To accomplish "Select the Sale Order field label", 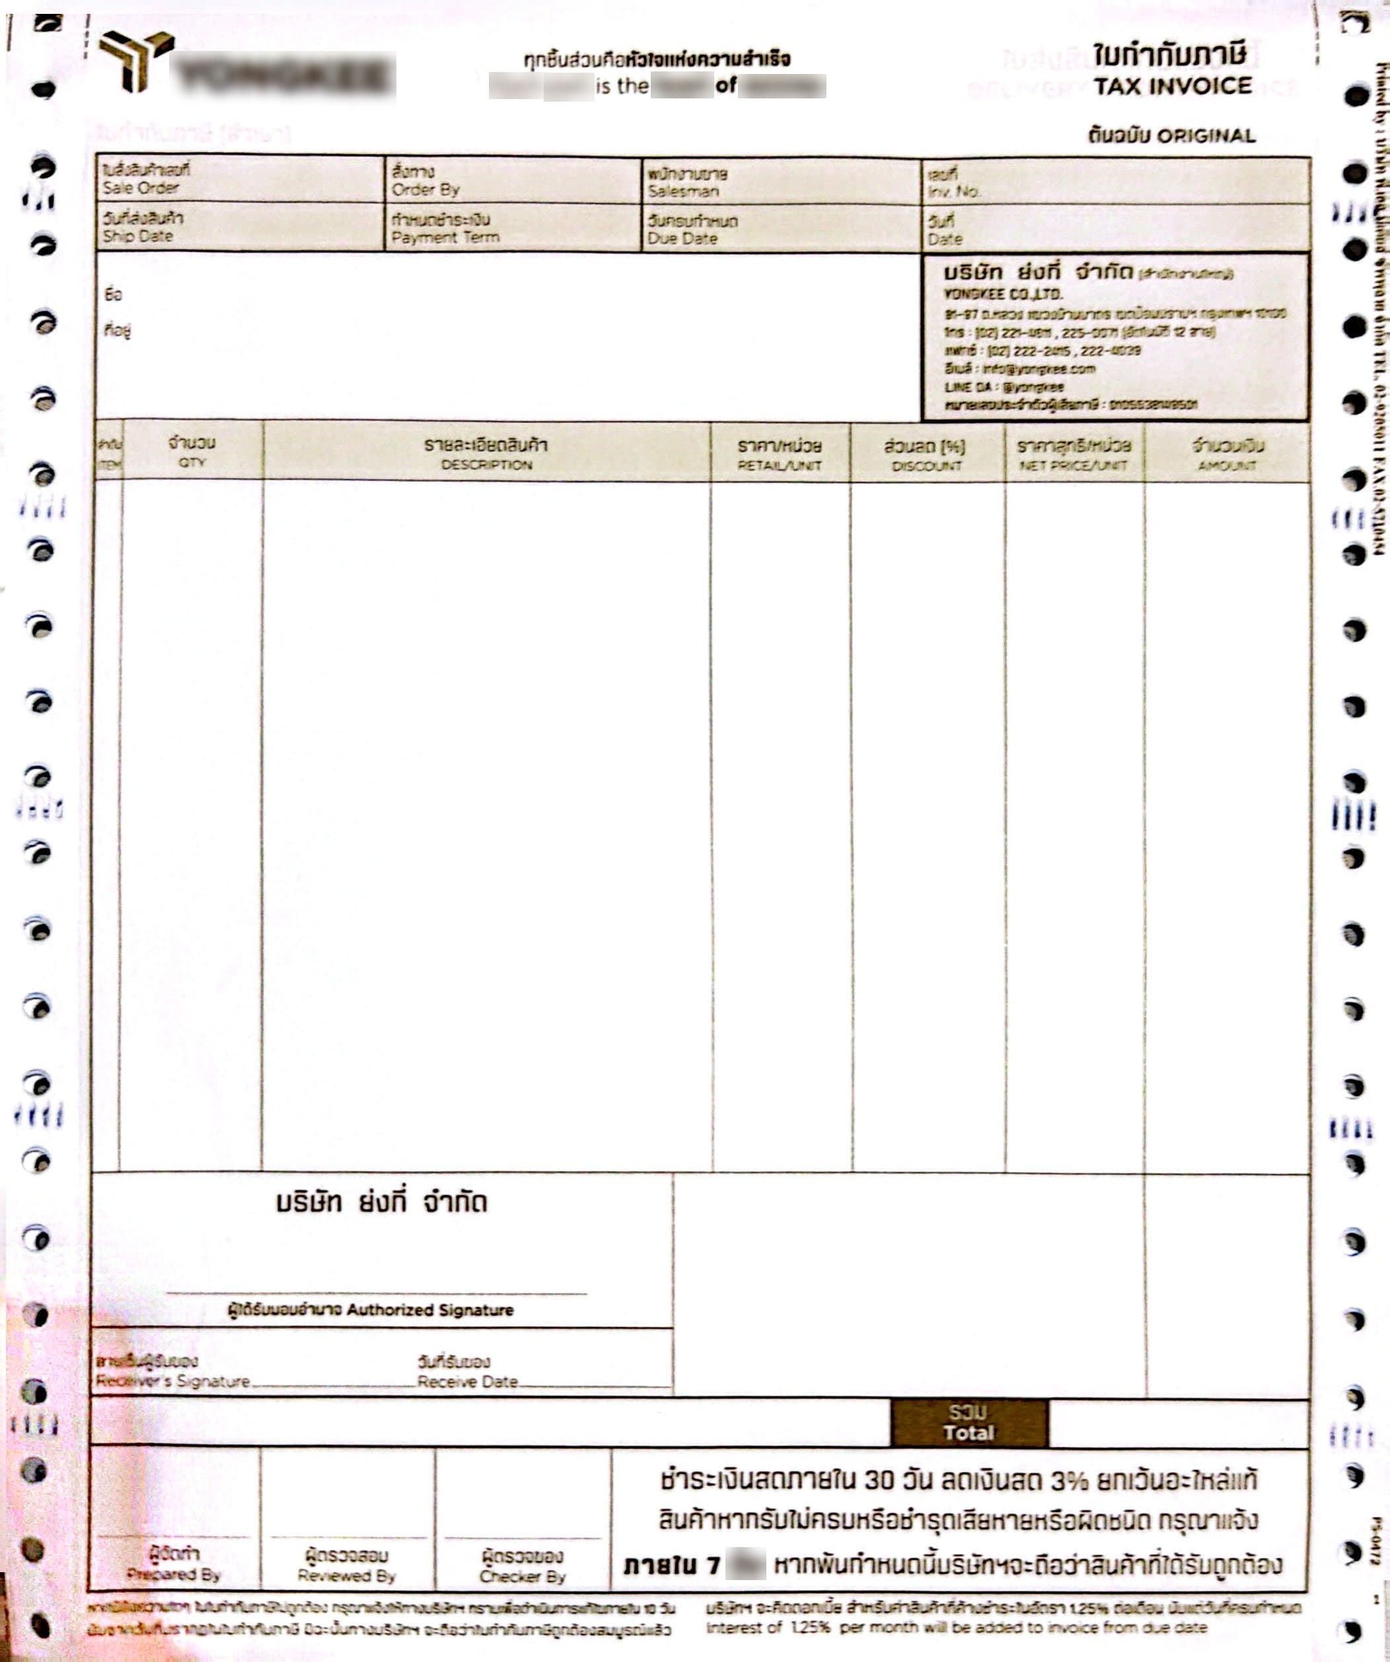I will tap(140, 188).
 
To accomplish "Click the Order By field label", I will tap(425, 189).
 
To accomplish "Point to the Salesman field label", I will tap(682, 191).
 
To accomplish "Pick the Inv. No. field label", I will tap(954, 192).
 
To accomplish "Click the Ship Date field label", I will tap(137, 236).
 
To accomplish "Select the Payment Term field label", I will tap(445, 237).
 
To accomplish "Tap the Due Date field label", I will tap(682, 238).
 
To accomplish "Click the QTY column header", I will tap(192, 462).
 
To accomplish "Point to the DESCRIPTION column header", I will tap(486, 464).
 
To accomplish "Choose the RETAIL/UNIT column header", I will tap(779, 465).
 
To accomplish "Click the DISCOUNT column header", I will tap(926, 466).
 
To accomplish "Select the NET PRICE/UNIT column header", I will tap(1073, 465).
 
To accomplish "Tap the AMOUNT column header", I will tap(1226, 465).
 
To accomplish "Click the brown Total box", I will tap(969, 1422).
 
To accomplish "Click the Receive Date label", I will tap(467, 1381).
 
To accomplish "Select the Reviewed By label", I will tap(346, 1575).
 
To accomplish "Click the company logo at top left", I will tap(135, 60).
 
